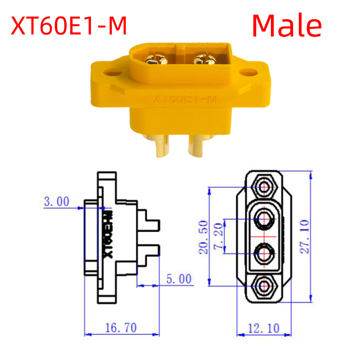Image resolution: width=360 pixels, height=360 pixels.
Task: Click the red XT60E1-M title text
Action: (69, 26)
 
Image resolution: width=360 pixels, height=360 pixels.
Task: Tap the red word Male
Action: (287, 26)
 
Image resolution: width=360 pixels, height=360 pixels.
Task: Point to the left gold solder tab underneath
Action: (162, 146)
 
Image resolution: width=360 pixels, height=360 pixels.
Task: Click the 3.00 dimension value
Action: (56, 201)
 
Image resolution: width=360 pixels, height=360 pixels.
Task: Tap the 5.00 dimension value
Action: (179, 279)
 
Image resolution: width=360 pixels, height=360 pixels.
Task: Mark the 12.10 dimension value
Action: (264, 328)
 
